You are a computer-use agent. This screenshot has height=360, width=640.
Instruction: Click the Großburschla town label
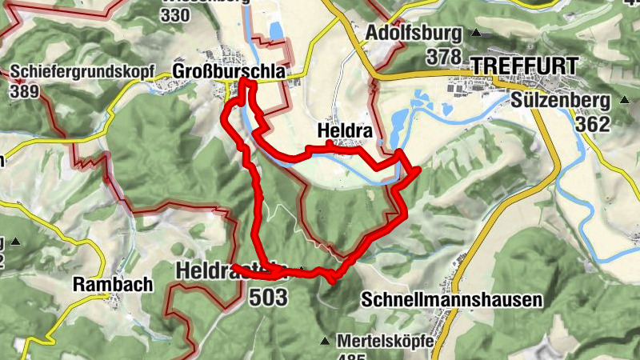229,72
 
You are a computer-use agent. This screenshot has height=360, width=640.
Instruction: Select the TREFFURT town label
520,64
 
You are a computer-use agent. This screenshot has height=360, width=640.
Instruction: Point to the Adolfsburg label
414,33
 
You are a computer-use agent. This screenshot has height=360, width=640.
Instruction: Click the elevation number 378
445,56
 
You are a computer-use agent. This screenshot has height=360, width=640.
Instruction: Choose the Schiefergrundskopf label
82,70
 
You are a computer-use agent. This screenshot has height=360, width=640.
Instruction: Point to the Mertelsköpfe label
385,341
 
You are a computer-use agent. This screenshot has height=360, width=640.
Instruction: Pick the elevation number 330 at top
175,15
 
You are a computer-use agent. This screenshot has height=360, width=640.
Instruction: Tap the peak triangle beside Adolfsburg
478,33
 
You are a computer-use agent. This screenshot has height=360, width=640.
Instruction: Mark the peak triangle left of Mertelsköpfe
325,342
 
